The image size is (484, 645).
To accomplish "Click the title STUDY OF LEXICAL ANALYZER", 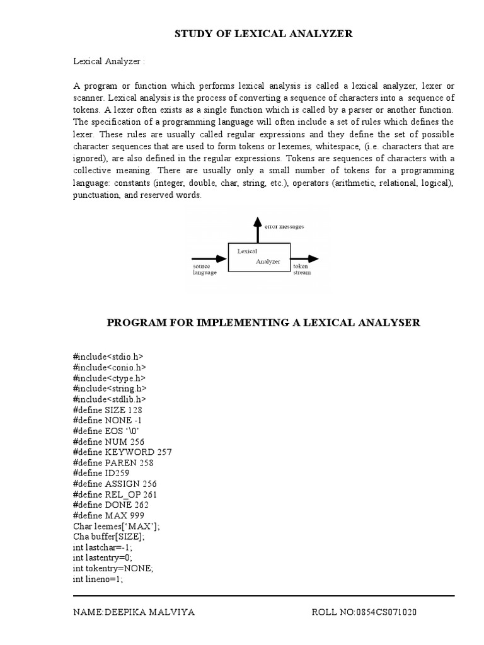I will click(263, 34).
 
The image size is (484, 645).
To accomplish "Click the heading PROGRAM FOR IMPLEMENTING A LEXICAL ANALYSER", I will click(263, 322).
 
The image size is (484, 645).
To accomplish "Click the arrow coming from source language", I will click(209, 258).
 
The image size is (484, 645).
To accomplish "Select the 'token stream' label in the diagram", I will click(302, 270).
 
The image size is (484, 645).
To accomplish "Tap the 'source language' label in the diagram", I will click(205, 270).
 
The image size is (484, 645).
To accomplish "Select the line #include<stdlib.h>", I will click(110, 399).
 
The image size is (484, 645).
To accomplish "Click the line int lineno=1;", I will click(98, 579).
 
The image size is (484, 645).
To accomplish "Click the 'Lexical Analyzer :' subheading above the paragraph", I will click(109, 61).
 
